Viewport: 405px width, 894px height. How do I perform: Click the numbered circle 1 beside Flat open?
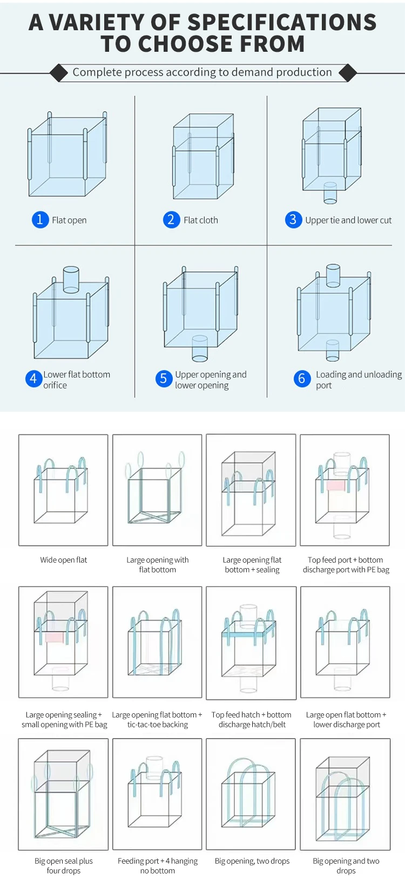click(x=40, y=220)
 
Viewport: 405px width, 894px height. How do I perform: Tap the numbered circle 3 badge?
click(x=293, y=220)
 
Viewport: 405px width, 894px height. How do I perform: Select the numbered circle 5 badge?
click(x=163, y=379)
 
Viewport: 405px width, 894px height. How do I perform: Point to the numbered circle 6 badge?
click(x=302, y=379)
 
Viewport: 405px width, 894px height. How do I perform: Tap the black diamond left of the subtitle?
click(x=58, y=72)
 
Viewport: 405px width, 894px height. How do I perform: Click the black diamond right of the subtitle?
click(x=347, y=72)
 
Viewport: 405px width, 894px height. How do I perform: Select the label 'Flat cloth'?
click(x=200, y=220)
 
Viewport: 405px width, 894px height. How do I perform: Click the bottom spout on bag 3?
click(x=330, y=193)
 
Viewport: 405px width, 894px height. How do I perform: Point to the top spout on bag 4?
click(x=71, y=279)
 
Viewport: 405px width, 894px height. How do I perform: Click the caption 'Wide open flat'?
click(x=64, y=560)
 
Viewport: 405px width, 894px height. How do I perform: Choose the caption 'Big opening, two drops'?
click(x=252, y=861)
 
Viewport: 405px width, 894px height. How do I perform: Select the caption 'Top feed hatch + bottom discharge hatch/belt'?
click(x=252, y=720)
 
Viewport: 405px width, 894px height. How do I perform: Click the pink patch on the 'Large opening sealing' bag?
click(x=55, y=637)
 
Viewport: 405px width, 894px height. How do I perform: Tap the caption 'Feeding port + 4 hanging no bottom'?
click(x=158, y=866)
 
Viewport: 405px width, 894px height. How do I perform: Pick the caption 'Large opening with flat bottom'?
click(x=158, y=565)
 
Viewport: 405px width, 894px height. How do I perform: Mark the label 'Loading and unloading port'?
click(x=359, y=379)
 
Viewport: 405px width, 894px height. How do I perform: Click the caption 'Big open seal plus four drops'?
click(x=64, y=866)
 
